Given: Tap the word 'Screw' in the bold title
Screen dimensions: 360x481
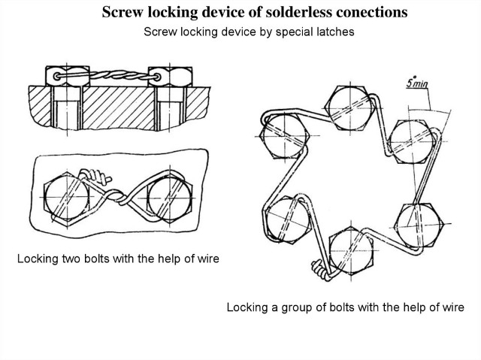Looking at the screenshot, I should pyautogui.click(x=121, y=13).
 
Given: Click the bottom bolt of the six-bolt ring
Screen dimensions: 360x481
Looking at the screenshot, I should pyautogui.click(x=351, y=251).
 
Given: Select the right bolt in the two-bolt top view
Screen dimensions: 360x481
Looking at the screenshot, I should pyautogui.click(x=168, y=198).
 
